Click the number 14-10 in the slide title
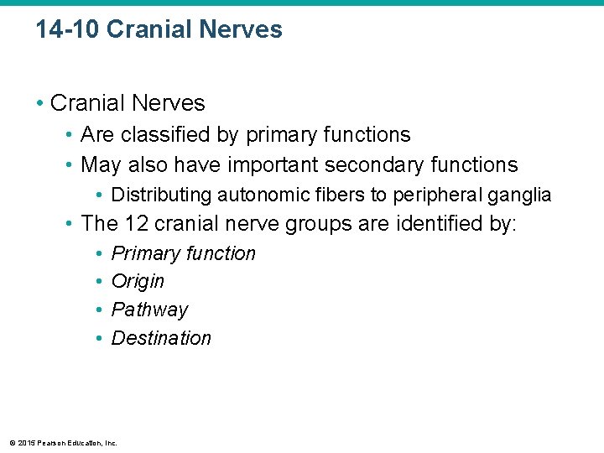(68, 30)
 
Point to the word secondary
(372, 164)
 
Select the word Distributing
(162, 195)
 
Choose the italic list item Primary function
(183, 253)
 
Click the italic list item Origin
(138, 281)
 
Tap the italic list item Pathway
(149, 310)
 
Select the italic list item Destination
(161, 338)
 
